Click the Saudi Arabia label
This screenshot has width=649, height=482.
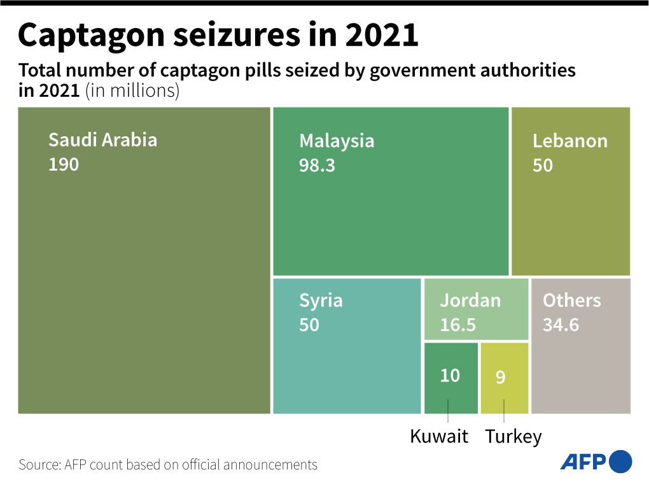coord(102,139)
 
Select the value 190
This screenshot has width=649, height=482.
coord(64,165)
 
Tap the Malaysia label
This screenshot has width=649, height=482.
coord(337,141)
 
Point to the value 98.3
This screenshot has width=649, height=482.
coord(317,166)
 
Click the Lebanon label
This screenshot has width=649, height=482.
coord(569,141)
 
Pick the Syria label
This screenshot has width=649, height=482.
coord(321,301)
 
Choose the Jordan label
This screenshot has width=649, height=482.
coord(470,301)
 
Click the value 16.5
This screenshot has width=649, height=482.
coord(457,325)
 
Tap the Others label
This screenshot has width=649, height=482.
coord(571,301)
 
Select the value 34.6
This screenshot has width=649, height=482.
coord(561,325)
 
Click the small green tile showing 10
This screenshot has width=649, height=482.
coord(450,376)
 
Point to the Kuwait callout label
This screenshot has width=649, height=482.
coord(439,437)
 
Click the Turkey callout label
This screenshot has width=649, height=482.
coord(513,437)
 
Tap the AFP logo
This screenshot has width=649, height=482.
coord(596,462)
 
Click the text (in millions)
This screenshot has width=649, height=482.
coord(132,90)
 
